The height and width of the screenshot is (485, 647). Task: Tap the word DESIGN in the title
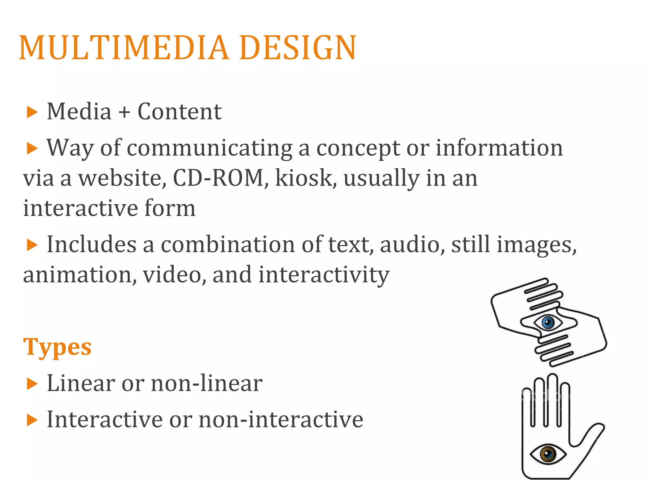tap(298, 48)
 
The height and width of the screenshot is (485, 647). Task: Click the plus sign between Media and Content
tap(124, 112)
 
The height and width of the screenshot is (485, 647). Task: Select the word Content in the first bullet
tap(179, 112)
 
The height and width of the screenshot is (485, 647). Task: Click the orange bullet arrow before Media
tap(32, 112)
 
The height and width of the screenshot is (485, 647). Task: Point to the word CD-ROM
tap(218, 178)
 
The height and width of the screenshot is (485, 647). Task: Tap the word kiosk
tap(304, 178)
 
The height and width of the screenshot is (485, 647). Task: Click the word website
tap(122, 178)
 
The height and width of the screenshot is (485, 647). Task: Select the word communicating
tap(209, 148)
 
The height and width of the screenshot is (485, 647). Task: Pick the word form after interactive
tap(170, 208)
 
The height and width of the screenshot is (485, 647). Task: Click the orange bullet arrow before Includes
tap(32, 245)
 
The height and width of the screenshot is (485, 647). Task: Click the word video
tap(172, 275)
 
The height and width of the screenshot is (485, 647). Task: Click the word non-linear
tap(207, 384)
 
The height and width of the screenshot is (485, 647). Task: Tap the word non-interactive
tap(281, 420)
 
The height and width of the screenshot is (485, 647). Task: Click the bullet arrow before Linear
tap(32, 384)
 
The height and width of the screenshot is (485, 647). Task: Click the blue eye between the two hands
tap(548, 322)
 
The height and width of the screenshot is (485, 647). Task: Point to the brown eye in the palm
tap(548, 454)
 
